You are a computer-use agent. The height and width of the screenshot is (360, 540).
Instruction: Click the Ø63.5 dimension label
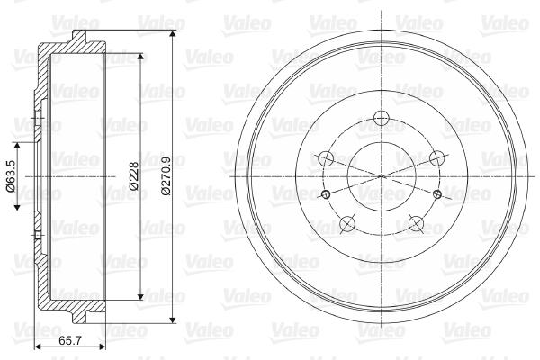10,176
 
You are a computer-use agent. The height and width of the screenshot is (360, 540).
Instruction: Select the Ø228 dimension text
133,176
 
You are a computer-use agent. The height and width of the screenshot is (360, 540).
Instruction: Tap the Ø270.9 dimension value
166,176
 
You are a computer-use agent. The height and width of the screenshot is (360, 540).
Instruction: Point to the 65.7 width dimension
70,341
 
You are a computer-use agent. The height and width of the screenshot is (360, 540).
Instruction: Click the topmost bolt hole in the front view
382,118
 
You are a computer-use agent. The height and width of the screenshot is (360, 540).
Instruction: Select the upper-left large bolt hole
326,158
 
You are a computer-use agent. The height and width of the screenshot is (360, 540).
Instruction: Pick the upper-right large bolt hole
437,158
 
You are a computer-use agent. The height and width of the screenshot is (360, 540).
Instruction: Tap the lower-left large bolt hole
347,223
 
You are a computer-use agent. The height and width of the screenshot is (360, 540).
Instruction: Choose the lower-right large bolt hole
416,223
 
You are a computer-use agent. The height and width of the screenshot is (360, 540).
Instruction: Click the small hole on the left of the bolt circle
326,194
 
